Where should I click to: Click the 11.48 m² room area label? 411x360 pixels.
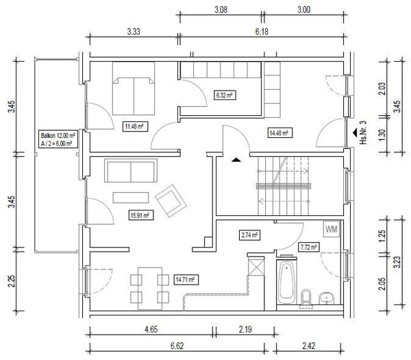pyautogui.click(x=135, y=127)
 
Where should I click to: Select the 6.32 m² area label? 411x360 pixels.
pyautogui.click(x=225, y=95)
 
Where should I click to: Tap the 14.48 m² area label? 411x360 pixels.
pyautogui.click(x=279, y=133)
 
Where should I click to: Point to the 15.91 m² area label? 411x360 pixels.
pyautogui.click(x=140, y=215)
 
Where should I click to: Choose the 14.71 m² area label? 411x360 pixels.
pyautogui.click(x=186, y=280)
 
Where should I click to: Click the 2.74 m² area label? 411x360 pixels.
pyautogui.click(x=250, y=235)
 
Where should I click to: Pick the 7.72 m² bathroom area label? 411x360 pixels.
pyautogui.click(x=309, y=247)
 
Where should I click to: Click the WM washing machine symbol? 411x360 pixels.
pyautogui.click(x=332, y=229)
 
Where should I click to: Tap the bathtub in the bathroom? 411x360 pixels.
pyautogui.click(x=287, y=280)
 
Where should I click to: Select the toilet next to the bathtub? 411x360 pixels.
pyautogui.click(x=306, y=298)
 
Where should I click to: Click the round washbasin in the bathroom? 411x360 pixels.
pyautogui.click(x=326, y=298)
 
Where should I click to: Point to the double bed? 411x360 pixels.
pyautogui.click(x=134, y=88)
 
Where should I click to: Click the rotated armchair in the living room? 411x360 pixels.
pyautogui.click(x=171, y=201)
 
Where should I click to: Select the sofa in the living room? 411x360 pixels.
pyautogui.click(x=131, y=170)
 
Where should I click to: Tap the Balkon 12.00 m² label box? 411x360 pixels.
pyautogui.click(x=58, y=139)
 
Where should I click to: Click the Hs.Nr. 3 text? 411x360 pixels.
pyautogui.click(x=363, y=132)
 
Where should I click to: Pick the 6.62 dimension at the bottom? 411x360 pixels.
pyautogui.click(x=177, y=346)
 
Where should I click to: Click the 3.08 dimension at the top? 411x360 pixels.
pyautogui.click(x=221, y=10)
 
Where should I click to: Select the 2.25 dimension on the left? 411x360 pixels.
pyautogui.click(x=11, y=281)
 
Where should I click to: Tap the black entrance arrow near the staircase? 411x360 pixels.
pyautogui.click(x=236, y=159)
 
